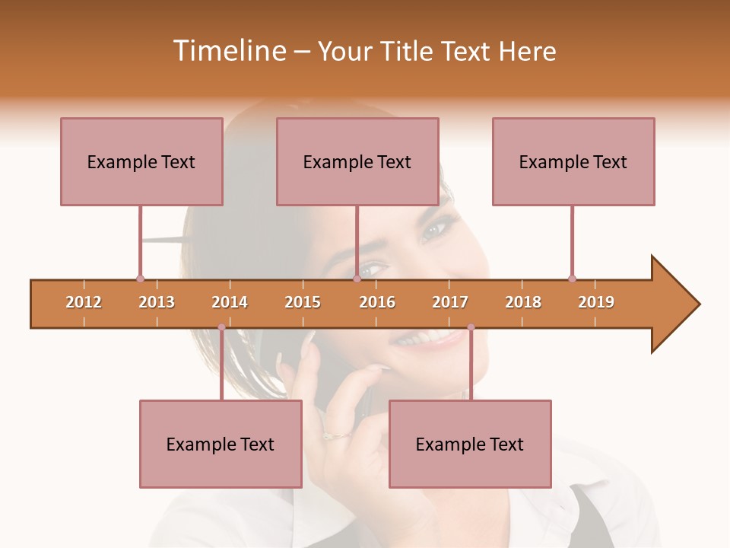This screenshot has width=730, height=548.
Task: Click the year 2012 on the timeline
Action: click(x=84, y=302)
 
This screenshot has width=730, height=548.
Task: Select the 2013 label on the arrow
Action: click(x=157, y=302)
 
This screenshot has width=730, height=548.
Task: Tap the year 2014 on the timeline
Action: click(x=230, y=302)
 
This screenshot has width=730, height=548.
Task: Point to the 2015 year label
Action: click(x=303, y=302)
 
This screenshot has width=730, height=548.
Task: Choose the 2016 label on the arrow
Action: click(x=377, y=302)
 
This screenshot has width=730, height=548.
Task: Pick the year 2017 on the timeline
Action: click(x=450, y=302)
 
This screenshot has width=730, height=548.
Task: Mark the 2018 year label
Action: click(x=523, y=302)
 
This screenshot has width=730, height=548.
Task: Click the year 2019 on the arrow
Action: click(x=596, y=302)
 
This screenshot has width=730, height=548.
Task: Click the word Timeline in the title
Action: click(x=227, y=51)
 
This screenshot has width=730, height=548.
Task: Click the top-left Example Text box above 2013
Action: click(x=141, y=161)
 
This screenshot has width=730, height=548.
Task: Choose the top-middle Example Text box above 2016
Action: click(x=357, y=161)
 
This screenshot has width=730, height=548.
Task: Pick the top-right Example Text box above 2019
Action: click(x=573, y=161)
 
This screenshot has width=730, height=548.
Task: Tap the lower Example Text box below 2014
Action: click(x=221, y=444)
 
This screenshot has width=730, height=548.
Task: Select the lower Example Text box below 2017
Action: click(x=470, y=444)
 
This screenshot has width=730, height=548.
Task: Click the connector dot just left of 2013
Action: click(x=140, y=279)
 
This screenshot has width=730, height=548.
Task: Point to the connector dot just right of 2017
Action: click(x=471, y=327)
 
